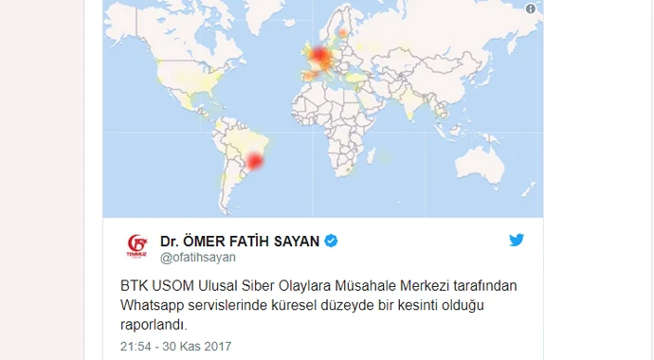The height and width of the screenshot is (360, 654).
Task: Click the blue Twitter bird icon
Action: click(516, 240)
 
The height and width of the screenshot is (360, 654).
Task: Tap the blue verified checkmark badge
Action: click(331, 241)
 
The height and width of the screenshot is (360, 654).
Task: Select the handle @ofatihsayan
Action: click(197, 258)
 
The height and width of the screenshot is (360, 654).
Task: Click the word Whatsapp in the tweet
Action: click(154, 305)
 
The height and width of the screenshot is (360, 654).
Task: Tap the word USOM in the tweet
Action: click(171, 285)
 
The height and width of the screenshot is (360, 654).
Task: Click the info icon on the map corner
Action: click(530, 9)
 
